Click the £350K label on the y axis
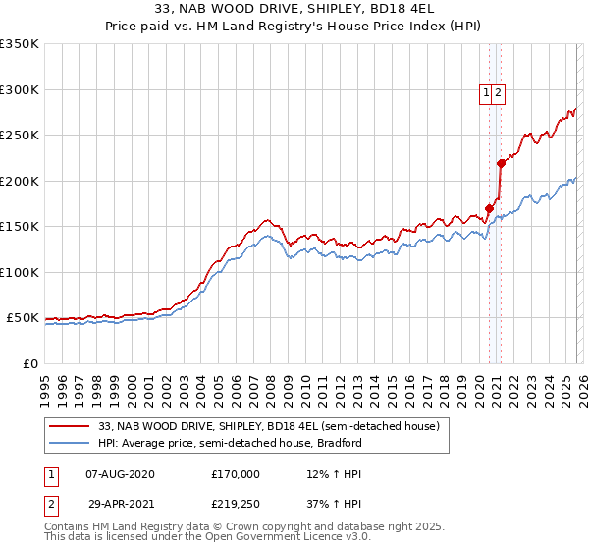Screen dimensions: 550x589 point(20,44)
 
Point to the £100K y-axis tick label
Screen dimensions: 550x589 point(20,272)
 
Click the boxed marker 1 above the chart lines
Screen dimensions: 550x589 point(486,93)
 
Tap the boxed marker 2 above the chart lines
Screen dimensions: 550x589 point(498,93)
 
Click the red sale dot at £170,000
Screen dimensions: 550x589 point(489,208)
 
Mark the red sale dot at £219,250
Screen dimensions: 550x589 point(501,163)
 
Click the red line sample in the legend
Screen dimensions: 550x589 point(69,426)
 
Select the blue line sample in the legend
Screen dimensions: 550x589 point(69,443)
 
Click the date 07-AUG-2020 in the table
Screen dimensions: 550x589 point(120,474)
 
